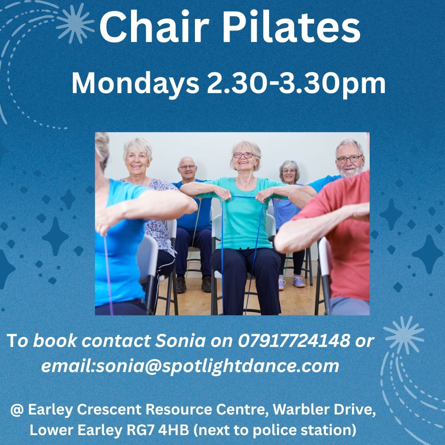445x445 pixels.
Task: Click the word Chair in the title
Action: (154, 28)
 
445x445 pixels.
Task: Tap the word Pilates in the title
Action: (291, 28)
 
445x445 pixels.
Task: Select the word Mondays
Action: (136, 83)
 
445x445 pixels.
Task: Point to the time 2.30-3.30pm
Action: (296, 83)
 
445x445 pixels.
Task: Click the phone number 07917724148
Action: (294, 341)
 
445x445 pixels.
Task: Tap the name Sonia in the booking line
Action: (180, 341)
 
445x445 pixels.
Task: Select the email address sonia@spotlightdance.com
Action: (218, 366)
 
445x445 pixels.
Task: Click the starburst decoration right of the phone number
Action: (403, 335)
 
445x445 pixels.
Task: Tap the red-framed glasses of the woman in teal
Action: (244, 155)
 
